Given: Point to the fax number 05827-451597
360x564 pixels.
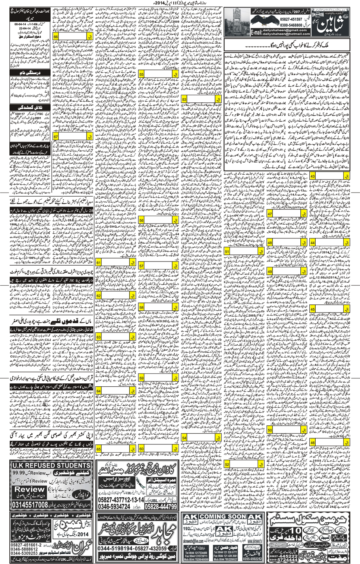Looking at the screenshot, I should coord(291,19).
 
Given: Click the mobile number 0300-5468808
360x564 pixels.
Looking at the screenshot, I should coord(291,25).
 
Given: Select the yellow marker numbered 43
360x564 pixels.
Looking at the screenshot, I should coord(312,176).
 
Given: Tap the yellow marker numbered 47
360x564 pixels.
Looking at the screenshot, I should coord(270,214).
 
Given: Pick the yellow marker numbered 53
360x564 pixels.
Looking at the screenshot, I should coord(184,100).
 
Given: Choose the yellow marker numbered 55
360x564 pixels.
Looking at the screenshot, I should coord(142,75).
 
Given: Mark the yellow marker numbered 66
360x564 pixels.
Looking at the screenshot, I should coord(56,37).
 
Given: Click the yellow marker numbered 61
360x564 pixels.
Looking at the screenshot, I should coord(98,263).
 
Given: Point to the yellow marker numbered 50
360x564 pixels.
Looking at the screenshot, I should coord(270,430).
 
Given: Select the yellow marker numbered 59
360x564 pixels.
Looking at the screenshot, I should coord(142,378).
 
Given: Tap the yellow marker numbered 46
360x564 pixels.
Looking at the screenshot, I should coord(312,443).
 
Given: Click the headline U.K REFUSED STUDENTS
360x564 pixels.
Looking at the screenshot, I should coord(51,465).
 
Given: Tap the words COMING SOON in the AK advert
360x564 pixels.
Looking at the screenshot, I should coord(223,516).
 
